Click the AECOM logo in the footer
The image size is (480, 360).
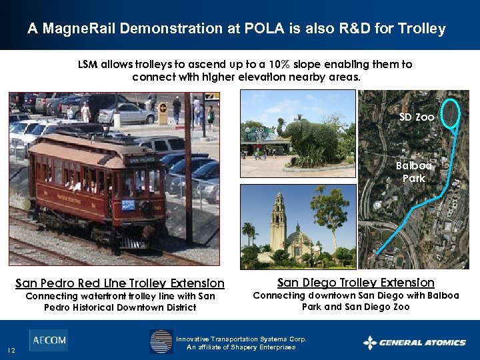tap(48, 340)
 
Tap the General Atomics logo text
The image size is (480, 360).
tap(422, 343)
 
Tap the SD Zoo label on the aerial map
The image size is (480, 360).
tap(417, 117)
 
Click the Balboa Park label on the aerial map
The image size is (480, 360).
tap(413, 172)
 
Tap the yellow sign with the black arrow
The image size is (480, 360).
tap(163, 113)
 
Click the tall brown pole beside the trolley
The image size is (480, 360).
tap(189, 167)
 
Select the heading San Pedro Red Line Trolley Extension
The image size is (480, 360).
tap(120, 283)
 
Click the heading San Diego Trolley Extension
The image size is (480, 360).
tap(355, 283)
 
